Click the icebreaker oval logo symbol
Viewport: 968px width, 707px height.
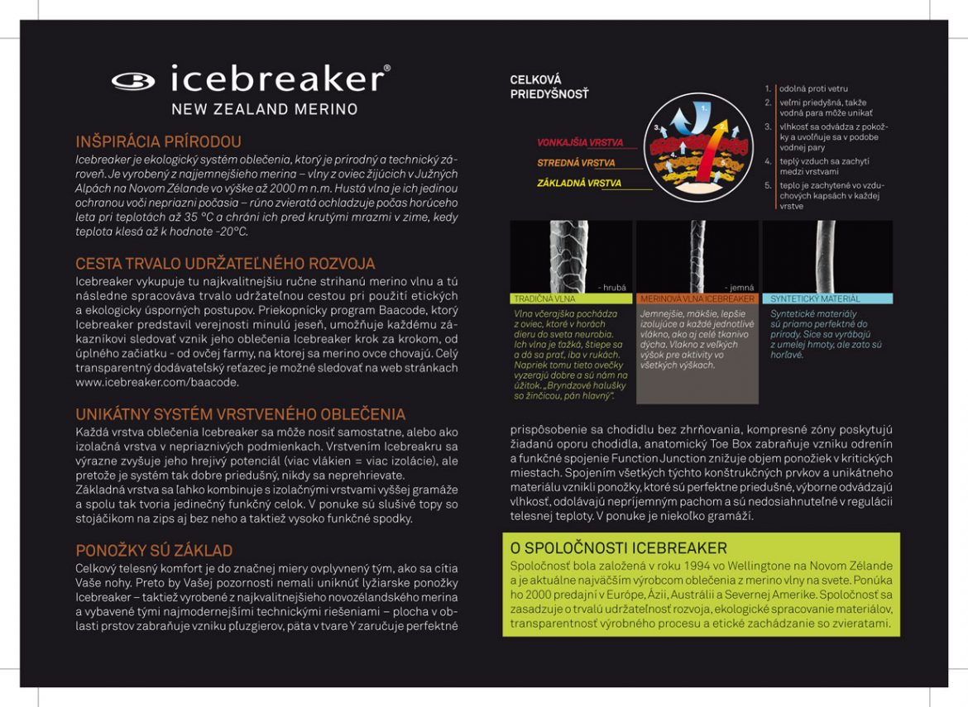(132, 81)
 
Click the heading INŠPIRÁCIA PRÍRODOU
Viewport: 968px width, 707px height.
(158, 141)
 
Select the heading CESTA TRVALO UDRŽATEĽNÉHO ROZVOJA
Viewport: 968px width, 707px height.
(225, 264)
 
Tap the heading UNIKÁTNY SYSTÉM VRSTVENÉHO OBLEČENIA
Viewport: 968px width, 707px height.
(240, 414)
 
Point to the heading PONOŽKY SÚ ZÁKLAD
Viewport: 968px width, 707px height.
(154, 550)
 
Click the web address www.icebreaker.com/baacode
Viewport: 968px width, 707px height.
(157, 382)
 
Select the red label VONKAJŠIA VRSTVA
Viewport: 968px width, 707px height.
(580, 142)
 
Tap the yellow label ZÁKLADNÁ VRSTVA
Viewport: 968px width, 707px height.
(578, 184)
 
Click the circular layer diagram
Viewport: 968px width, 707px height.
(698, 147)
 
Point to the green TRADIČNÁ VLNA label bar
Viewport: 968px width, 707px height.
(571, 299)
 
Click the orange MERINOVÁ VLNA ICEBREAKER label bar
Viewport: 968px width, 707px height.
(697, 299)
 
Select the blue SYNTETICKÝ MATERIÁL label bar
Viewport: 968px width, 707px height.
(827, 299)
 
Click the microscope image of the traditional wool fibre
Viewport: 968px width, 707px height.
(571, 256)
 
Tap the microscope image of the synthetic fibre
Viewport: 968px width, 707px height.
(827, 256)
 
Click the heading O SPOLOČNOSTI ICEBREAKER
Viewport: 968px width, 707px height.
(618, 548)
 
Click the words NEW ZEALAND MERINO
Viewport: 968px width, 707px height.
(265, 109)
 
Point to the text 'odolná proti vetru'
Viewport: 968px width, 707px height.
(813, 88)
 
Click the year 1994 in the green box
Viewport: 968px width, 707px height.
(637, 566)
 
